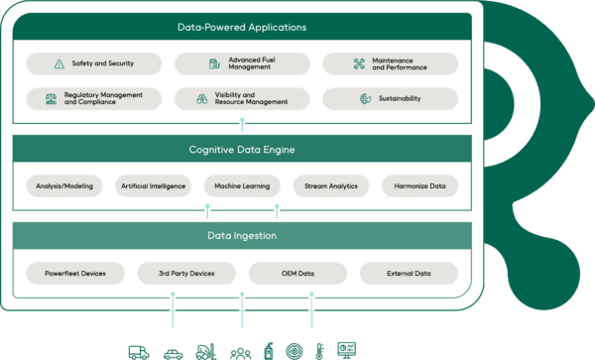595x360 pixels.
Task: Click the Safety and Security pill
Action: pyautogui.click(x=93, y=63)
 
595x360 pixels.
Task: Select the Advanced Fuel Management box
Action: pyautogui.click(x=242, y=63)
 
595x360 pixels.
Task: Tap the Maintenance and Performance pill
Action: pyautogui.click(x=390, y=63)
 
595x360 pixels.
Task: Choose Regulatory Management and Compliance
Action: pyautogui.click(x=93, y=99)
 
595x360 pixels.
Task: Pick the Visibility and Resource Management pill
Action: pyautogui.click(x=242, y=99)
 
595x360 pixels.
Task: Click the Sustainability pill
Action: pyautogui.click(x=390, y=99)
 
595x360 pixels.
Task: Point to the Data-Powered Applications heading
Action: pyautogui.click(x=242, y=27)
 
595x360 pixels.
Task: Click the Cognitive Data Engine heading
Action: pyautogui.click(x=242, y=150)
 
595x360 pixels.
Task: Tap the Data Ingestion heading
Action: pyautogui.click(x=242, y=236)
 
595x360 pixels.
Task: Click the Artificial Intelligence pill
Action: pyautogui.click(x=153, y=185)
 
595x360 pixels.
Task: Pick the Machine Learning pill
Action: pyautogui.click(x=242, y=185)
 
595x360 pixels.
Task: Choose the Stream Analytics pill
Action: pyautogui.click(x=331, y=185)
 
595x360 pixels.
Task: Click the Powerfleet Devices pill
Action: pyautogui.click(x=75, y=273)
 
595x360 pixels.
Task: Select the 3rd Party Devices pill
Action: pyautogui.click(x=186, y=273)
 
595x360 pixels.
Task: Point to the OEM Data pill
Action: pyautogui.click(x=297, y=273)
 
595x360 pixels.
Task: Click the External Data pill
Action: pyautogui.click(x=409, y=273)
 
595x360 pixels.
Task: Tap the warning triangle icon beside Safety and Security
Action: pyautogui.click(x=59, y=63)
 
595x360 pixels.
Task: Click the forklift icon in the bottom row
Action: pyautogui.click(x=206, y=350)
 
